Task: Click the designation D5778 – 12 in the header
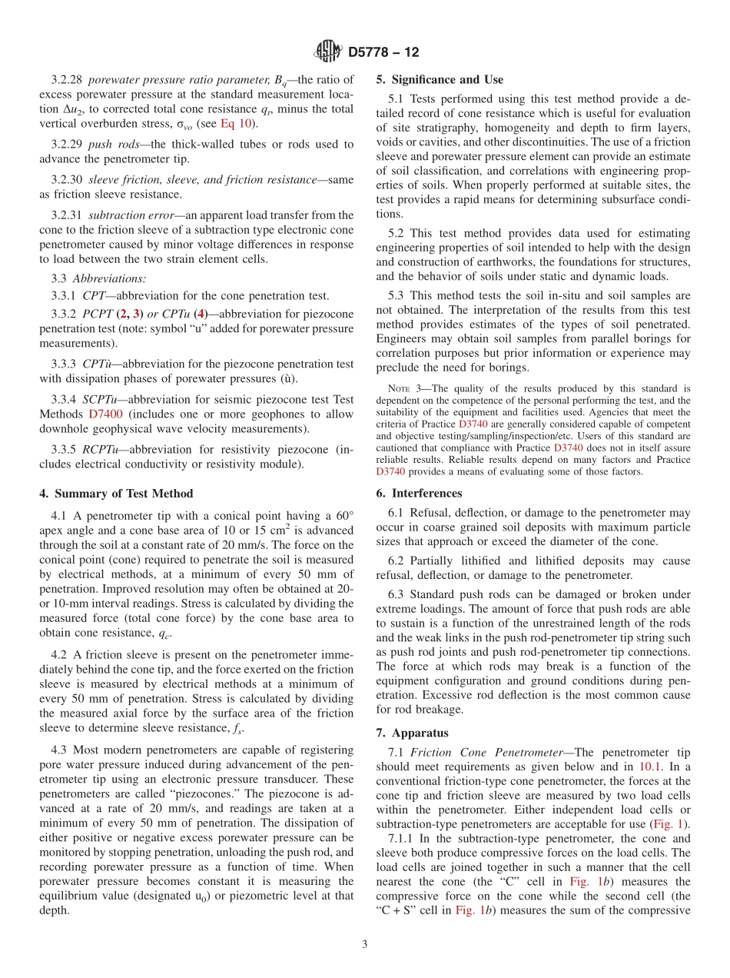click(383, 53)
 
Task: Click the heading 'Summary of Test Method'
click(124, 494)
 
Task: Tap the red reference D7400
click(105, 413)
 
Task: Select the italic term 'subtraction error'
click(122, 215)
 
